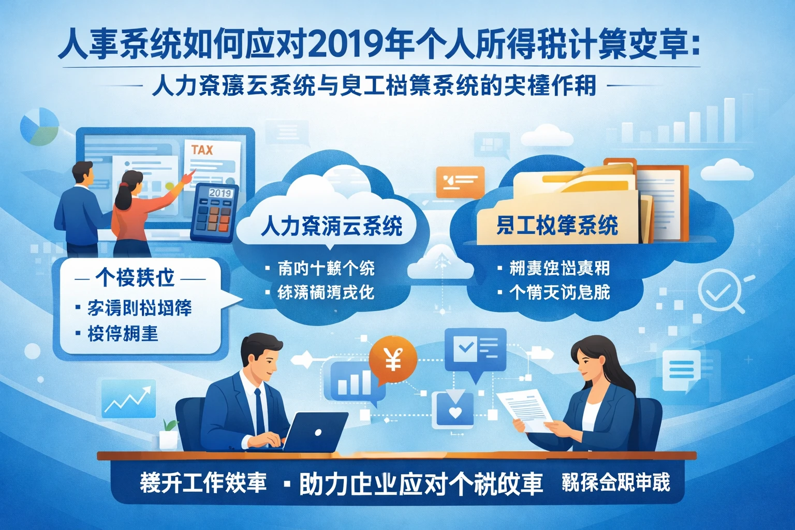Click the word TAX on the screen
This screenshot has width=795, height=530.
pos(202,150)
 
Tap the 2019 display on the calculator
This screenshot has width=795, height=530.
pos(220,193)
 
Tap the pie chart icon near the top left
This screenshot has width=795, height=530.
pos(39,126)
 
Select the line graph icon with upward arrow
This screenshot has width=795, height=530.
pos(129,399)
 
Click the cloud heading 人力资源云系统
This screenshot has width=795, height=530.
pos(331,226)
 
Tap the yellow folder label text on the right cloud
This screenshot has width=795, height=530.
pos(557,226)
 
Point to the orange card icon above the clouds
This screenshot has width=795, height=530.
pos(460,182)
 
